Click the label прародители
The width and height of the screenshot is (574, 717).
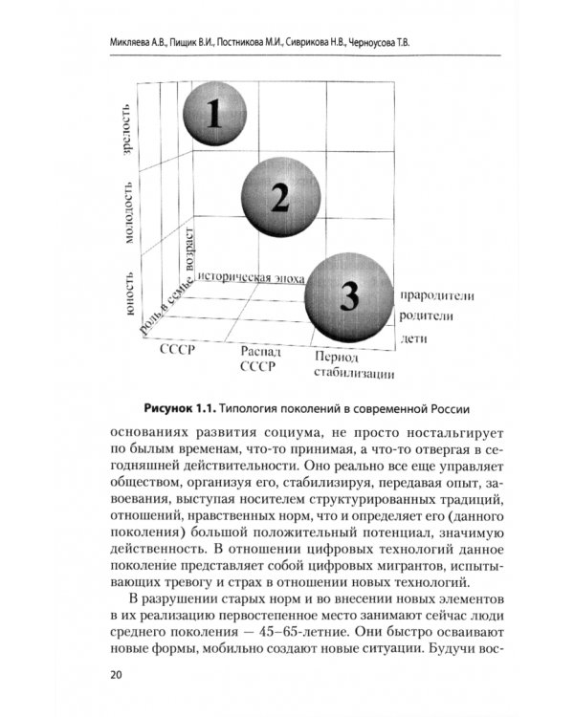438,296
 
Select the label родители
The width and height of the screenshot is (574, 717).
429,316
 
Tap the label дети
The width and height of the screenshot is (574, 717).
414,338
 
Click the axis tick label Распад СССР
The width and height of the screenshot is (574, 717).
260,358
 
